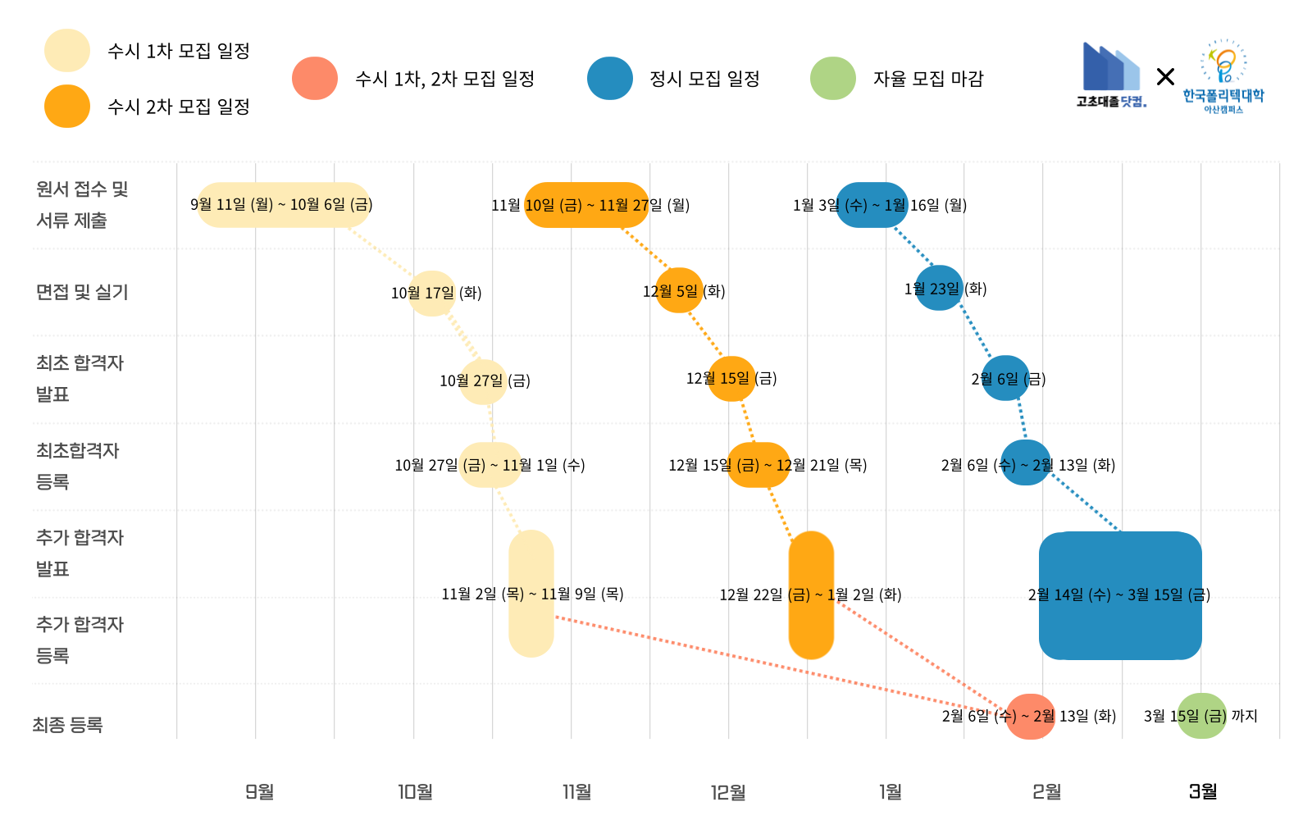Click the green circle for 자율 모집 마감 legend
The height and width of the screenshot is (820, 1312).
pyautogui.click(x=832, y=79)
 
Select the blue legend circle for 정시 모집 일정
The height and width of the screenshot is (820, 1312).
pyautogui.click(x=610, y=79)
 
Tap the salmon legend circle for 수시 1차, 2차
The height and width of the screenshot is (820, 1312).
pyautogui.click(x=315, y=79)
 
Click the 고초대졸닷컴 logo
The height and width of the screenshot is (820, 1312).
pyautogui.click(x=1111, y=75)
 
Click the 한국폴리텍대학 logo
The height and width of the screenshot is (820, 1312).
pyautogui.click(x=1223, y=76)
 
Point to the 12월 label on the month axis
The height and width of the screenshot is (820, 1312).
pyautogui.click(x=728, y=791)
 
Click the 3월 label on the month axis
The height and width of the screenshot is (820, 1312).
pyautogui.click(x=1203, y=791)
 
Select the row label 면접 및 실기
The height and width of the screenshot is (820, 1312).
pyautogui.click(x=82, y=292)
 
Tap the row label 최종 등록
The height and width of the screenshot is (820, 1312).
pyautogui.click(x=67, y=725)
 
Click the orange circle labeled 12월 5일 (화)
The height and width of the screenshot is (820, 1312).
pyautogui.click(x=679, y=291)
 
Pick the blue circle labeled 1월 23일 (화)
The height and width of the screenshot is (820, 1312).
pyautogui.click(x=939, y=289)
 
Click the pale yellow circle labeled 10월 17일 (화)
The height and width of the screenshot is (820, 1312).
pyautogui.click(x=432, y=293)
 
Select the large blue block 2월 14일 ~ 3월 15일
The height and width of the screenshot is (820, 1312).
pyautogui.click(x=1120, y=596)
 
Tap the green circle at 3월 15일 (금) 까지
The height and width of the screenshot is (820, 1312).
pyautogui.click(x=1201, y=716)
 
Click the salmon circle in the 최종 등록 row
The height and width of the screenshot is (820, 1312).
pyautogui.click(x=1031, y=716)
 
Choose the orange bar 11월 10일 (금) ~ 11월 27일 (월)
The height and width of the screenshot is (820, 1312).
pyautogui.click(x=586, y=205)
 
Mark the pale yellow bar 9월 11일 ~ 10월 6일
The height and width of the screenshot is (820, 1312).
pyautogui.click(x=284, y=205)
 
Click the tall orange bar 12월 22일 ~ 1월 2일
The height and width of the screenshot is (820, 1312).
pyautogui.click(x=811, y=595)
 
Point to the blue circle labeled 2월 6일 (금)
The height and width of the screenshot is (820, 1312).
pyautogui.click(x=1005, y=379)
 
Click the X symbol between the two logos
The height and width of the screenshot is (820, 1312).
pyautogui.click(x=1165, y=77)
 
